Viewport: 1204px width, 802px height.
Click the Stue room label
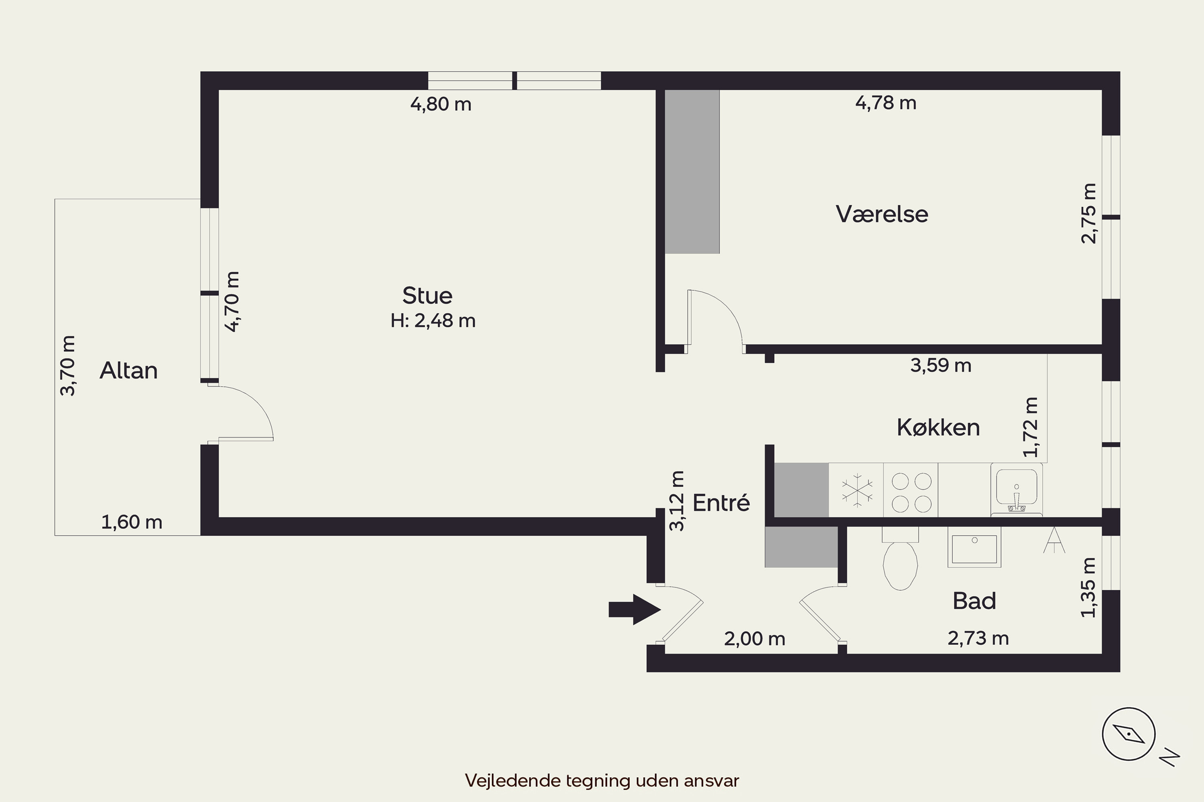point(427,296)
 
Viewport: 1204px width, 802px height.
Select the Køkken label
point(938,427)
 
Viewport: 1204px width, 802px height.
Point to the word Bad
point(974,601)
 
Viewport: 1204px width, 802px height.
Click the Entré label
point(721,503)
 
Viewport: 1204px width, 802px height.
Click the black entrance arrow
point(635,609)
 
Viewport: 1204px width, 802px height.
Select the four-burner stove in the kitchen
point(911,492)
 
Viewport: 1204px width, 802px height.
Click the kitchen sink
point(1017,490)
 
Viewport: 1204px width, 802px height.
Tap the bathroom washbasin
point(974,548)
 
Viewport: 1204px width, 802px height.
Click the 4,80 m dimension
point(441,104)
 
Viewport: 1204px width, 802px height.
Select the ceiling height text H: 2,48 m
point(433,321)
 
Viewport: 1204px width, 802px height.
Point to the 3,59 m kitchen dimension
point(941,366)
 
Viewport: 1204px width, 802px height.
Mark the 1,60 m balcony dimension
point(132,522)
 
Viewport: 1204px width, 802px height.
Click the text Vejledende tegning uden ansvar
point(602,780)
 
